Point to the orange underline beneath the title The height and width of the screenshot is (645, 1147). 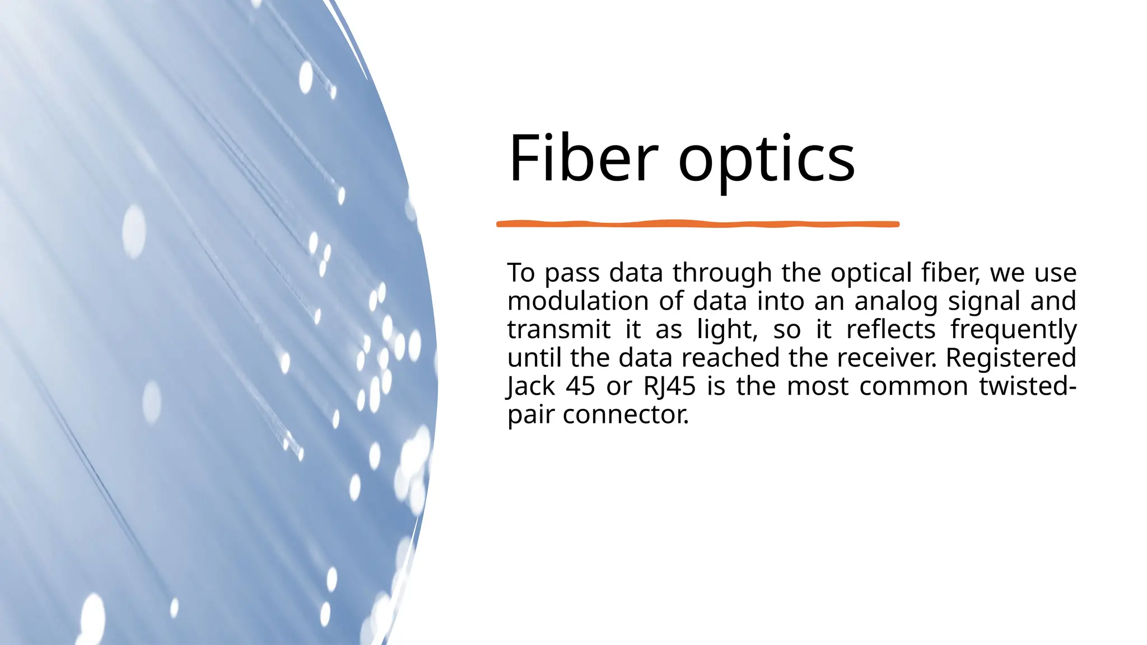[697, 224]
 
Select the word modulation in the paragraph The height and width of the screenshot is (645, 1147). [577, 301]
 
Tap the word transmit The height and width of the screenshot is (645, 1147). [558, 330]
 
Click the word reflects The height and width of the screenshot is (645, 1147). [890, 330]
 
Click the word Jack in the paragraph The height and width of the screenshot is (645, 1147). [530, 387]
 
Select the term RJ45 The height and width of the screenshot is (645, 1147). [669, 387]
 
